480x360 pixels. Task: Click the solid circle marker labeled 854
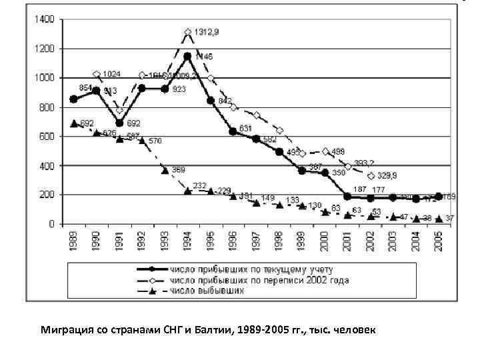(x=73, y=99)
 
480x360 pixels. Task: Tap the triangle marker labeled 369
(x=165, y=171)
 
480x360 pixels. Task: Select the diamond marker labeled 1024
(x=97, y=75)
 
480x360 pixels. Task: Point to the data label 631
(x=246, y=128)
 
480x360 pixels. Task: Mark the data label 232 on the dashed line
(x=200, y=185)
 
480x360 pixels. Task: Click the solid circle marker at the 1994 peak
(x=187, y=57)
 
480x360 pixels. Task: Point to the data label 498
(x=338, y=151)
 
